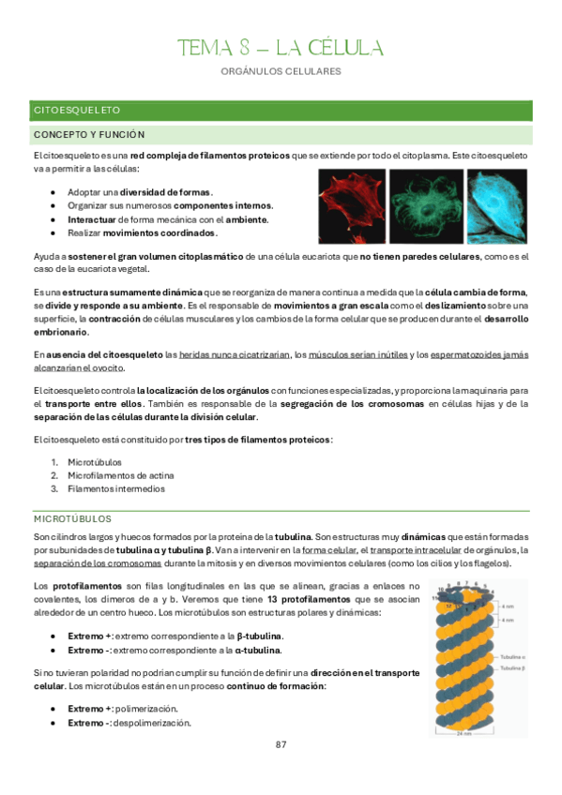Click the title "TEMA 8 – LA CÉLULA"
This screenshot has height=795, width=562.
(281, 48)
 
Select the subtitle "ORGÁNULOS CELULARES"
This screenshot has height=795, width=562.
(281, 71)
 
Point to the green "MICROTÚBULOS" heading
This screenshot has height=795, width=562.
(72, 517)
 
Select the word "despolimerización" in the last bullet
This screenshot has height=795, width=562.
(153, 723)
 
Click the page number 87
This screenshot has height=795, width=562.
(281, 744)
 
